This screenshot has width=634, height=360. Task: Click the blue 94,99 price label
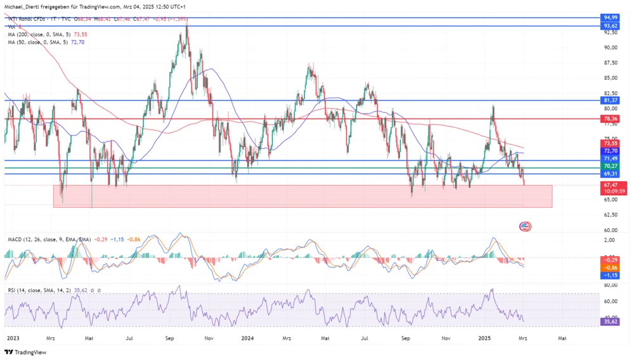pos(611,17)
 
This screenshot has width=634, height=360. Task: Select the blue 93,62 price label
pos(611,26)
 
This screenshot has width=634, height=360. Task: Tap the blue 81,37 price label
pos(611,100)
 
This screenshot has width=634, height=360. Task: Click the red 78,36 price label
pos(611,119)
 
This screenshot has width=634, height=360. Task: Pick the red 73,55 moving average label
pos(611,144)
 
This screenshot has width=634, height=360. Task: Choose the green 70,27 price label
pos(611,166)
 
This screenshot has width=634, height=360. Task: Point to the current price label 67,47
pos(611,184)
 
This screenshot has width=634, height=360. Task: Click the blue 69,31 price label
pos(611,174)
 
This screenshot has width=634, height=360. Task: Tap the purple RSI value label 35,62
pos(611,321)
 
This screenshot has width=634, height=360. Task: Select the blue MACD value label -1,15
pos(611,276)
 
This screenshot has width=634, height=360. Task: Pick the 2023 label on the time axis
pos(12,339)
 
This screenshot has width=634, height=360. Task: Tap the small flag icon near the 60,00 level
pos(525,226)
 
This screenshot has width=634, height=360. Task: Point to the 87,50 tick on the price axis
pos(611,63)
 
